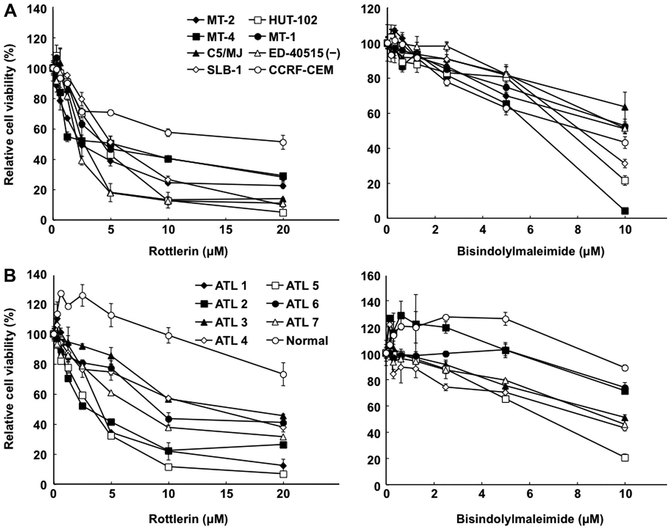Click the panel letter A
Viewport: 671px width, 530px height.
pos(10,12)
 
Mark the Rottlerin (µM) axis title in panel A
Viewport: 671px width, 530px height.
pos(188,251)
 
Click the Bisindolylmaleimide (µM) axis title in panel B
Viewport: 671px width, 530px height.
pos(530,519)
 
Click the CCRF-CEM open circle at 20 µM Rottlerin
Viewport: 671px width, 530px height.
pos(283,142)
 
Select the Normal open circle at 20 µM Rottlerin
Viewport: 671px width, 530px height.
pos(283,375)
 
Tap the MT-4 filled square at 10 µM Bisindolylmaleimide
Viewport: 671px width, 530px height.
pos(625,211)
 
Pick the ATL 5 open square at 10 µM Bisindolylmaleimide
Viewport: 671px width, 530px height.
pos(625,458)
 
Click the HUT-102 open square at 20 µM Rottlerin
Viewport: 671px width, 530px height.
pos(283,213)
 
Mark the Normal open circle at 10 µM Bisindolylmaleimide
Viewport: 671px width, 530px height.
pos(625,368)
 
